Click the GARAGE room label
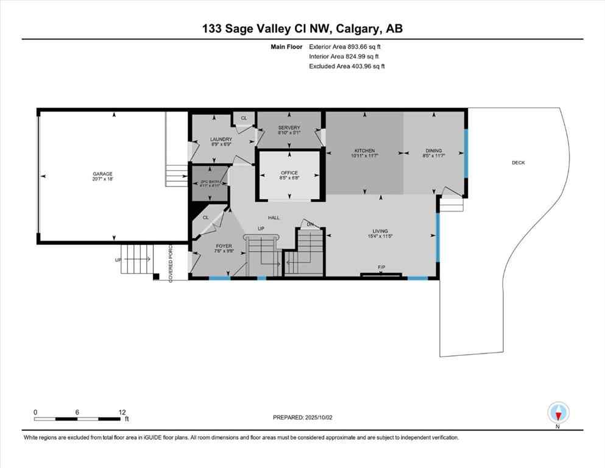pyautogui.click(x=103, y=174)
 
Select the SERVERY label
pyautogui.click(x=289, y=127)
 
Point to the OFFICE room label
pyautogui.click(x=289, y=172)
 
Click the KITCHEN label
pyautogui.click(x=365, y=151)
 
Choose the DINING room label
pyautogui.click(x=434, y=151)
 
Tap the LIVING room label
pyautogui.click(x=381, y=231)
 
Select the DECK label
pyautogui.click(x=518, y=163)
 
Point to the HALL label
pyautogui.click(x=274, y=217)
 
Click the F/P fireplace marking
pyautogui.click(x=381, y=267)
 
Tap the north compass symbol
pyautogui.click(x=558, y=413)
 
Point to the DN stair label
pyautogui.click(x=310, y=225)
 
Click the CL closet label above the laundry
pyautogui.click(x=244, y=118)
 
